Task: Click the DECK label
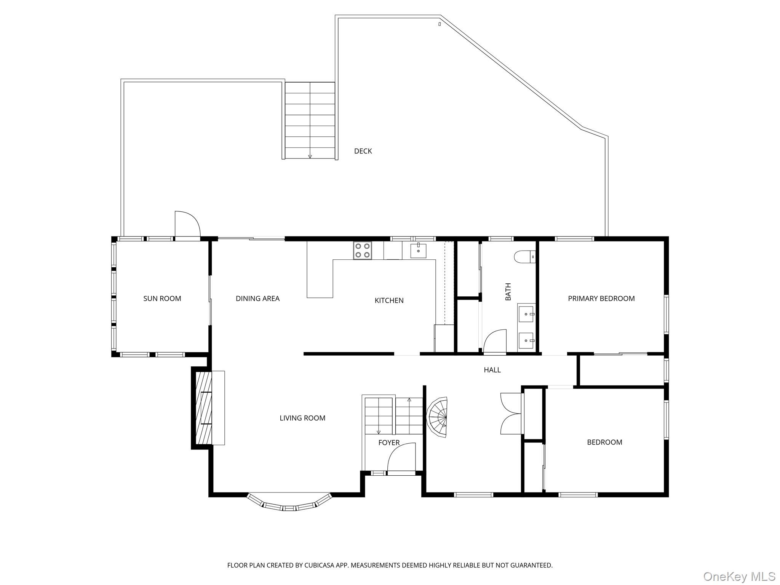363,151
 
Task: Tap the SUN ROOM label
162,299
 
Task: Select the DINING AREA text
257,299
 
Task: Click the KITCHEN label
389,300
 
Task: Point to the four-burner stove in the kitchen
362,251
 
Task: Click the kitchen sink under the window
418,251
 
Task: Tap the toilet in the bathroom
524,257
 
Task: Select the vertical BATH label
508,291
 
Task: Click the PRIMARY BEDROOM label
601,299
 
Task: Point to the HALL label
492,370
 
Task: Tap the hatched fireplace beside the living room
204,408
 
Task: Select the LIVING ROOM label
302,418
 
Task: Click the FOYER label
389,443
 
